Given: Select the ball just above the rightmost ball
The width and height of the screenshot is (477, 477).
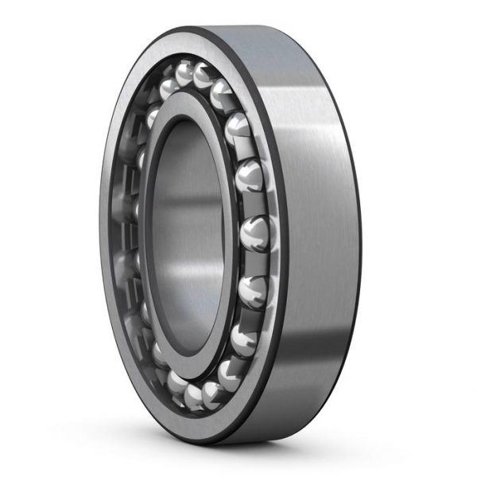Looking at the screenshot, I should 250,175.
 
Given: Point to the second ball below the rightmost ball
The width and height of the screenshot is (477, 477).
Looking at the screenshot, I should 241,339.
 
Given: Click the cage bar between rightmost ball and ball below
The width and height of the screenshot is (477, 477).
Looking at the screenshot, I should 254,261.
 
